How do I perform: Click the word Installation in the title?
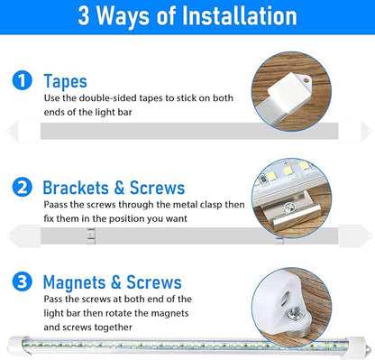pos(240,15)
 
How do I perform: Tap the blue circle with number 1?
pos(22,80)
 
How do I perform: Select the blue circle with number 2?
pos(22,187)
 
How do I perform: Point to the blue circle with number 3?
pos(22,282)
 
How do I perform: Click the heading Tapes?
pos(65,81)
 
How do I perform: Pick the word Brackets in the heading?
pos(76,188)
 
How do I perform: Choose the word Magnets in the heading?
pos(74,282)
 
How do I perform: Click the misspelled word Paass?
pos(56,205)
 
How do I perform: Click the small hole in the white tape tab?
pos(306,80)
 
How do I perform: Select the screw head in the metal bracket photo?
pos(289,208)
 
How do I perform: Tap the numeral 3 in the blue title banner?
pos(84,16)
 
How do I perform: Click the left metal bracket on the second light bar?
pos(91,235)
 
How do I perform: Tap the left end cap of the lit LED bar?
pos(15,345)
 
